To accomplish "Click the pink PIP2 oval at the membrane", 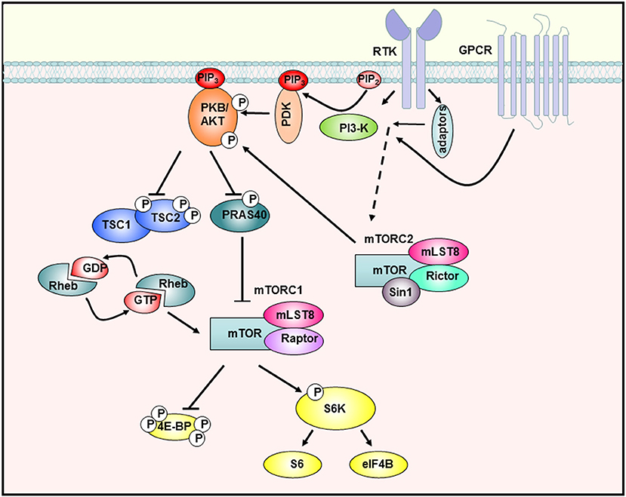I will tap(368, 78).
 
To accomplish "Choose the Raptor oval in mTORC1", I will tap(295, 340).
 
